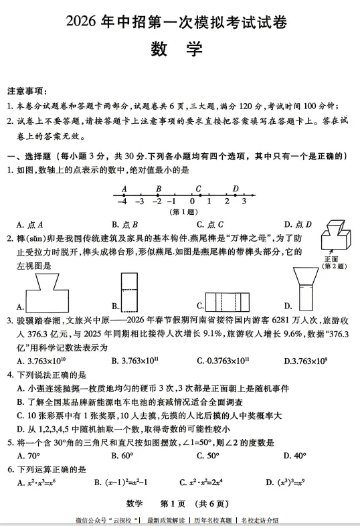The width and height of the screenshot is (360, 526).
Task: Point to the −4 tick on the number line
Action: click(122, 201)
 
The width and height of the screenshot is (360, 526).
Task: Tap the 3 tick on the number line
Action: click(244, 201)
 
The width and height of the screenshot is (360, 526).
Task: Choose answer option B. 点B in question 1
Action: click(125, 225)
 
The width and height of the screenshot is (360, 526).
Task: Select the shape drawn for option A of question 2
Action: click(48, 294)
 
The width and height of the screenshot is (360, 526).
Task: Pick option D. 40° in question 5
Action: click(295, 456)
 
